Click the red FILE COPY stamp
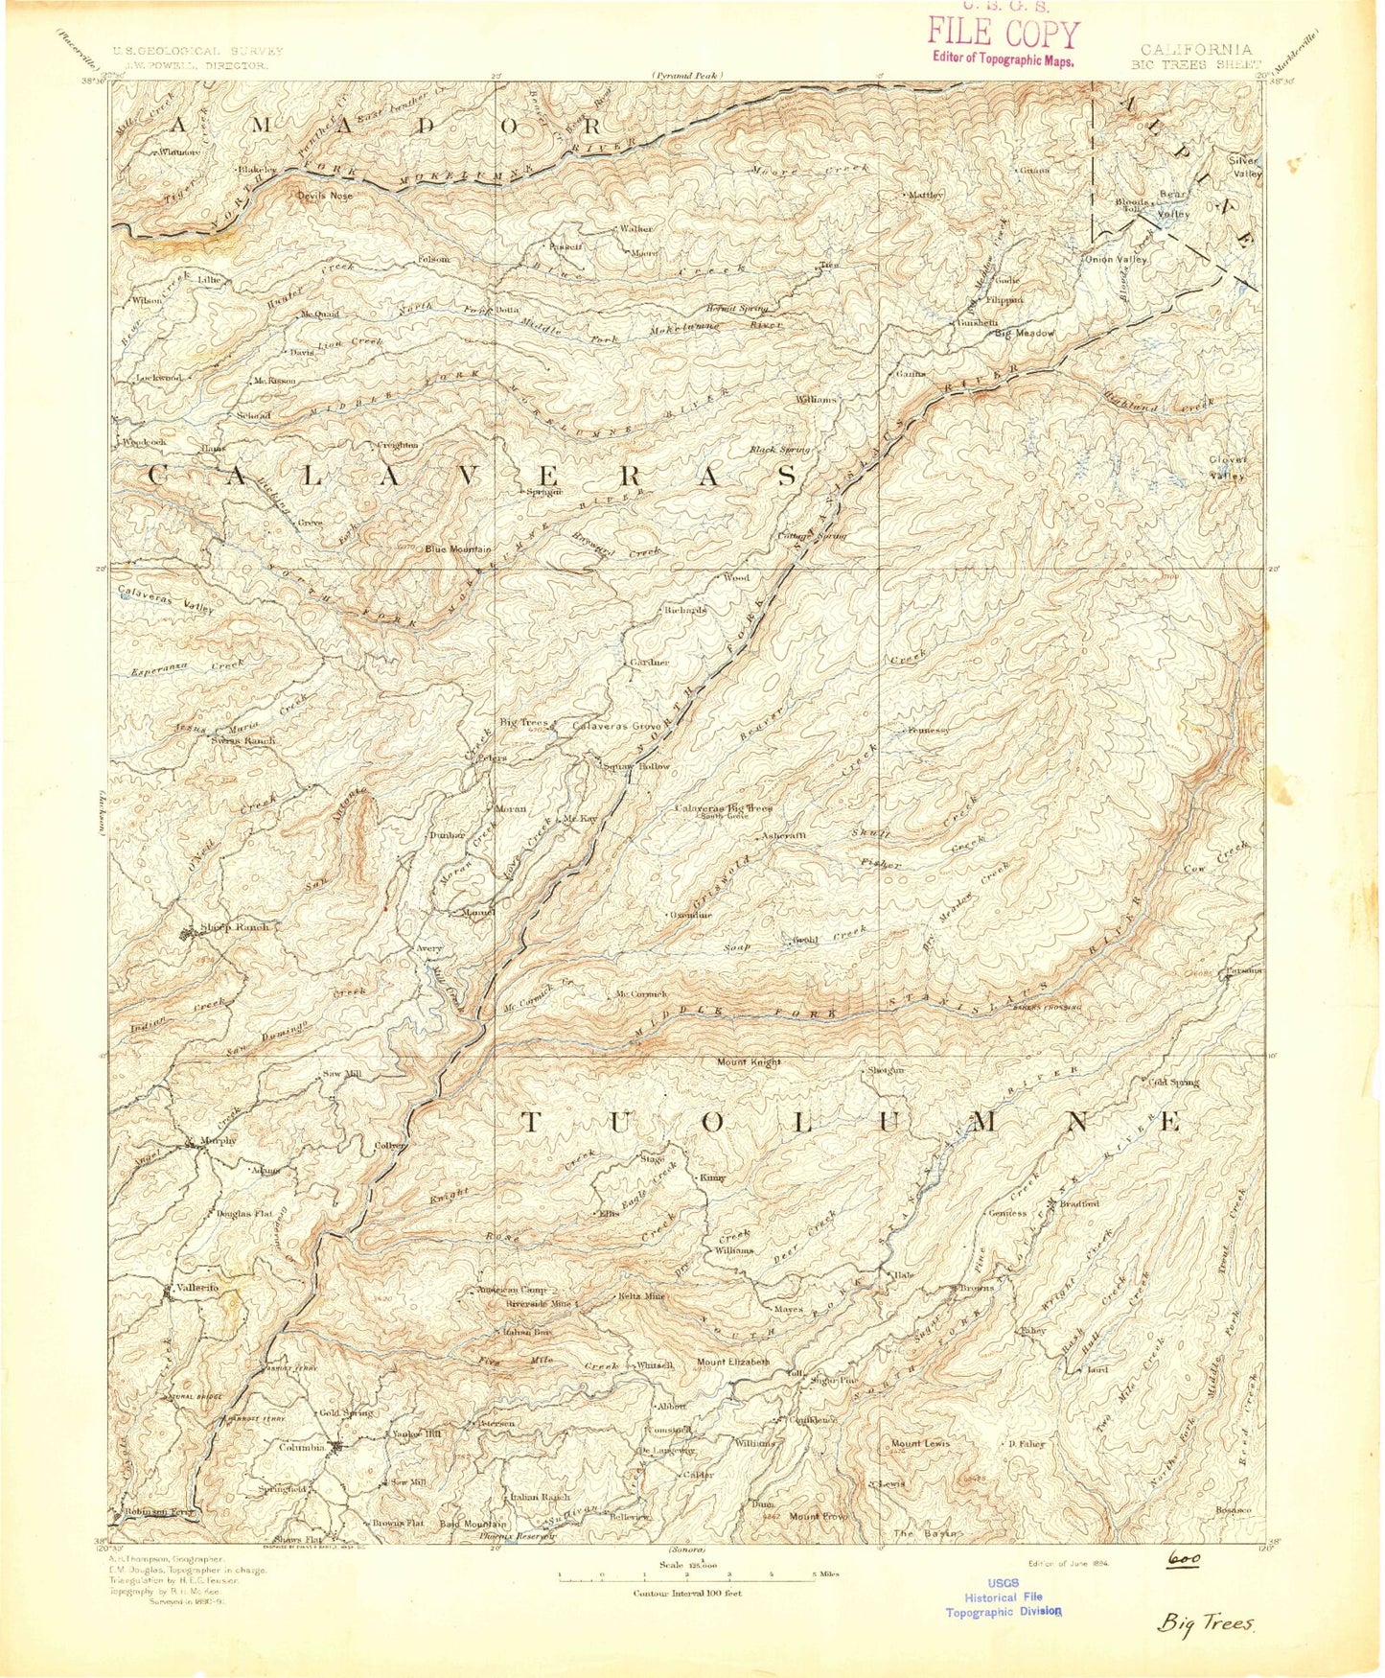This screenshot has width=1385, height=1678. tap(1003, 35)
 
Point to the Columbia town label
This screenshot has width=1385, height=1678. tap(301, 1448)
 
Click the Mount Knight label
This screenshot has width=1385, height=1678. tap(749, 1062)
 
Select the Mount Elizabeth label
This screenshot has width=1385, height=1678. tap(732, 1362)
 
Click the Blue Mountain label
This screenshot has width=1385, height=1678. tap(458, 549)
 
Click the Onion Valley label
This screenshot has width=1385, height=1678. tap(1115, 259)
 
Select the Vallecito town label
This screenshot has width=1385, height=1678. tap(197, 1287)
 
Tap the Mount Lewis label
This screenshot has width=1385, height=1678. tap(920, 1443)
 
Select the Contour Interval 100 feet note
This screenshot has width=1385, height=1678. tap(686, 1594)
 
